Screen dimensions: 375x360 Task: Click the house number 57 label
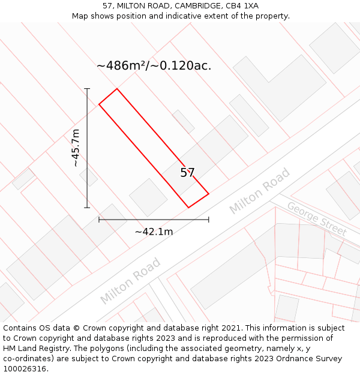tap(188, 173)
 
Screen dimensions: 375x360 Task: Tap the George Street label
tap(316, 219)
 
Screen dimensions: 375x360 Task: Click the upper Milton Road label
tap(259, 191)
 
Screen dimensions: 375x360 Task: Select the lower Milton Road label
tap(130, 281)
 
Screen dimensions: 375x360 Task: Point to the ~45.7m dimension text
tap(76, 148)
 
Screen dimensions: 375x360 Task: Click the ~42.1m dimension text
tap(154, 232)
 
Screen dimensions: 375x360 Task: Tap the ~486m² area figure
tap(118, 65)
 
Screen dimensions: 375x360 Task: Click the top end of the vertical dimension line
tap(87, 89)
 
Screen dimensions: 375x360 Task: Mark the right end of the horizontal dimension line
tap(208, 220)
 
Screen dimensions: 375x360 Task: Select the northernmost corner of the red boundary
tap(117, 89)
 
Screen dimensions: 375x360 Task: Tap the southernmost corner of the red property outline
tap(188, 208)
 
